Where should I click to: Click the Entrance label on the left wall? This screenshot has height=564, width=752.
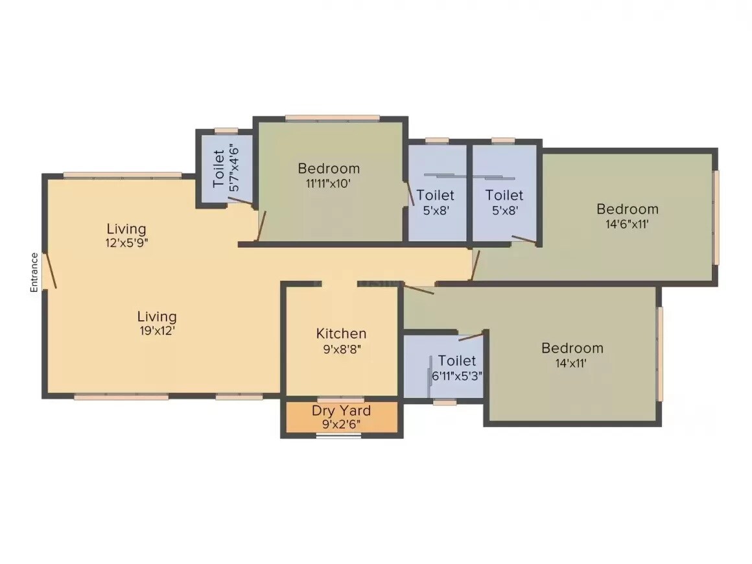pyautogui.click(x=34, y=272)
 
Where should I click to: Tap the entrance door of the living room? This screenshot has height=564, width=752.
pyautogui.click(x=49, y=271)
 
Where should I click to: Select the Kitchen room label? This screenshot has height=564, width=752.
pyautogui.click(x=341, y=334)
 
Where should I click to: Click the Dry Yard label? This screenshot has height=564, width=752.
pyautogui.click(x=341, y=410)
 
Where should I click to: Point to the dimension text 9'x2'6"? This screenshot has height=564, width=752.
pyautogui.click(x=341, y=425)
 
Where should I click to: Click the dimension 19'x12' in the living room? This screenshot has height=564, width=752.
pyautogui.click(x=157, y=331)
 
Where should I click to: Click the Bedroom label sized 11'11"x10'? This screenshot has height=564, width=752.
pyautogui.click(x=328, y=169)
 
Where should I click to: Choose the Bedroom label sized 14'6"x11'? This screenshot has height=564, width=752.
pyautogui.click(x=627, y=209)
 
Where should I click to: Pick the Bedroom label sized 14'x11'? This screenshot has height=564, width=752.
pyautogui.click(x=572, y=348)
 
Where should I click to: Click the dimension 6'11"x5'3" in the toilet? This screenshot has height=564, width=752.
pyautogui.click(x=456, y=375)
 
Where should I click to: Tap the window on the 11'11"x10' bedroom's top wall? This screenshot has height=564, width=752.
pyautogui.click(x=332, y=118)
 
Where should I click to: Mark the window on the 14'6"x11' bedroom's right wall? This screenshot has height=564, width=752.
pyautogui.click(x=716, y=217)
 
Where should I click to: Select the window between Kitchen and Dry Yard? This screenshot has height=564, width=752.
pyautogui.click(x=341, y=399)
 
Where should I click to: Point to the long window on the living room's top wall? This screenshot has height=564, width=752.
pyautogui.click(x=123, y=175)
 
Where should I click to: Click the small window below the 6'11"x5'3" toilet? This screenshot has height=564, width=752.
pyautogui.click(x=444, y=402)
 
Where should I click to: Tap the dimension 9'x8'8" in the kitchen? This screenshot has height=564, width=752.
pyautogui.click(x=341, y=348)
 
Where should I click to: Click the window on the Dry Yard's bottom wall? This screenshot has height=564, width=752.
pyautogui.click(x=338, y=436)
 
